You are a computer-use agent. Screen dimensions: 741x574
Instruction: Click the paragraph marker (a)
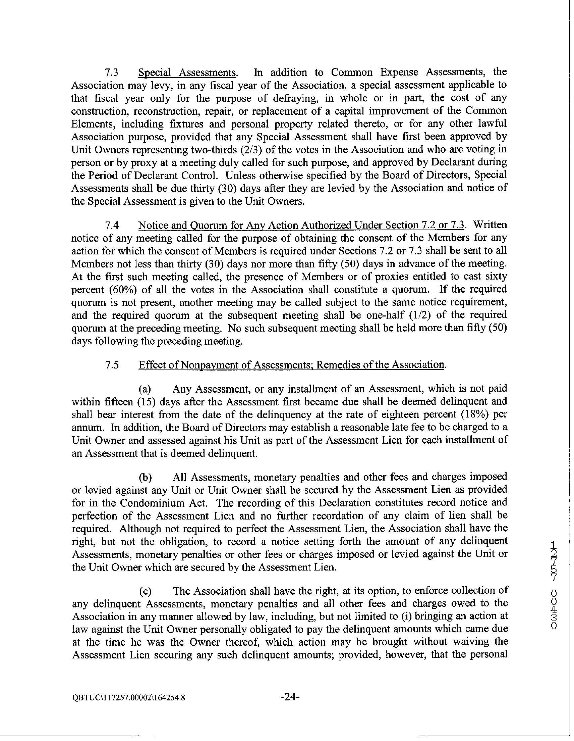(146, 389)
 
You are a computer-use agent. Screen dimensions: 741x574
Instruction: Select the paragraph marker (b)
(146, 477)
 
